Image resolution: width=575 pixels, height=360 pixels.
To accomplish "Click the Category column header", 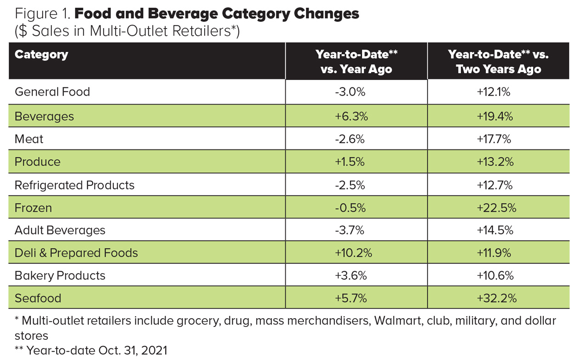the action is click(41, 55).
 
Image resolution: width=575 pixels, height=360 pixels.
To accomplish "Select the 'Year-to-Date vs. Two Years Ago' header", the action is click(498, 62).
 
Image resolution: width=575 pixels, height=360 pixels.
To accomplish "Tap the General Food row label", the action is click(52, 92).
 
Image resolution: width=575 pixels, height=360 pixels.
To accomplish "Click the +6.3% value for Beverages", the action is click(351, 116).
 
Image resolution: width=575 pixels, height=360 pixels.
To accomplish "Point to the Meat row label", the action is click(29, 139).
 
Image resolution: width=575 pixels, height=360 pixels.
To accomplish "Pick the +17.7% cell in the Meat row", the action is click(494, 139).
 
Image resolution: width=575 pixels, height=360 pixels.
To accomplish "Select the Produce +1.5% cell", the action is click(350, 162).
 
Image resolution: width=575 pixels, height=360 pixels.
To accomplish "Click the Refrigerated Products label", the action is click(75, 185).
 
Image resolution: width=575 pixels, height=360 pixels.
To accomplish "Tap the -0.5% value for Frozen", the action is click(350, 207).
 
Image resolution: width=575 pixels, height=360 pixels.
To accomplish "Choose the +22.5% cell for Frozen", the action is click(496, 207).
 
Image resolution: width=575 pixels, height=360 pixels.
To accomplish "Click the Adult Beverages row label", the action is click(60, 230).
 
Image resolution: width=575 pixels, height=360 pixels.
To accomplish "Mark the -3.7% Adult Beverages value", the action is click(349, 230).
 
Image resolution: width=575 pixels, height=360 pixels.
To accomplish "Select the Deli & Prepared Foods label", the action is click(76, 253).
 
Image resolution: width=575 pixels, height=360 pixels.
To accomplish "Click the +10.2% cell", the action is click(353, 253).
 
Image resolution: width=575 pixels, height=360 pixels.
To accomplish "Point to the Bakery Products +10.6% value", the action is click(495, 275).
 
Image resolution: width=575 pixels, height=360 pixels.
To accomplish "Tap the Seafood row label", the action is click(38, 298).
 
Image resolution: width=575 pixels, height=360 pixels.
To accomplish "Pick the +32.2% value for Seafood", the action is click(497, 298).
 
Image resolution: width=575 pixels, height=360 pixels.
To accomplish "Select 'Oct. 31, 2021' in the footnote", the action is click(133, 350).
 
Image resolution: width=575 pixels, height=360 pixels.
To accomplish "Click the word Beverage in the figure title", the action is click(183, 14).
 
